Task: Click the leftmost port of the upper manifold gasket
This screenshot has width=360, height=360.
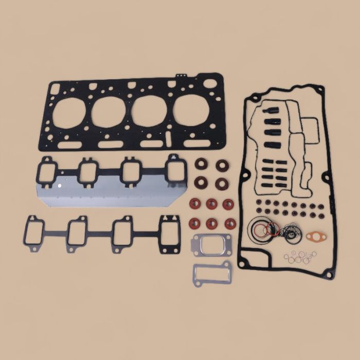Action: point(48,170)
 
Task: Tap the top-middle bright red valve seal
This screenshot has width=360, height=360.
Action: point(210,204)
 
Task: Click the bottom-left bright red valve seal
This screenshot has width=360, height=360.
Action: point(195,223)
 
